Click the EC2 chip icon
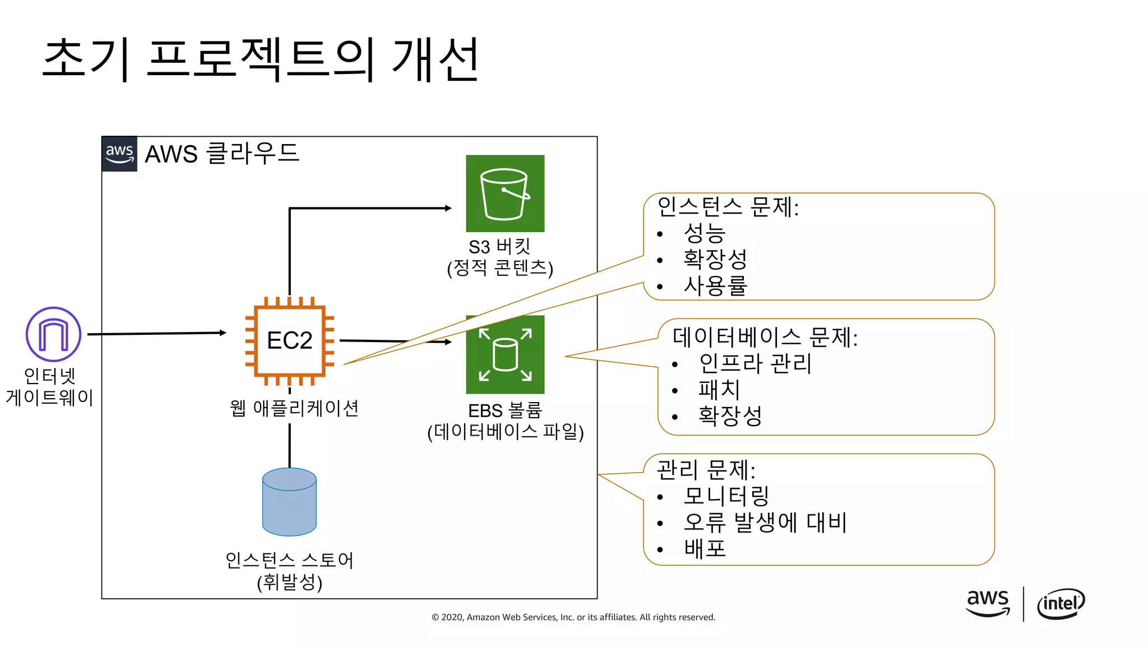[x=289, y=340]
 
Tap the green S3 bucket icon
[x=505, y=193]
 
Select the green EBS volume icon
[x=505, y=354]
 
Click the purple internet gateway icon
[x=53, y=334]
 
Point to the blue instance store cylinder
[x=289, y=502]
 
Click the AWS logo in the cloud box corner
[x=119, y=154]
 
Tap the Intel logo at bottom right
[x=1061, y=603]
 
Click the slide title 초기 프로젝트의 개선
[x=261, y=59]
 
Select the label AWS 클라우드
[x=222, y=154]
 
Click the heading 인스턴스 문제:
[x=728, y=207]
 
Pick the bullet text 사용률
[x=715, y=285]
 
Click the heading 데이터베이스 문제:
[x=765, y=337]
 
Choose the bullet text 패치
[x=719, y=389]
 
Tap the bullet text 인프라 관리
[x=755, y=363]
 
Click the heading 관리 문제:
[x=706, y=470]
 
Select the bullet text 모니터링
[x=726, y=496]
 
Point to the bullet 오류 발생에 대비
[x=765, y=522]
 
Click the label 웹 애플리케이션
[x=294, y=408]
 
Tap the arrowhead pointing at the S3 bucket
[x=448, y=208]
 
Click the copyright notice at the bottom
[x=573, y=617]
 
